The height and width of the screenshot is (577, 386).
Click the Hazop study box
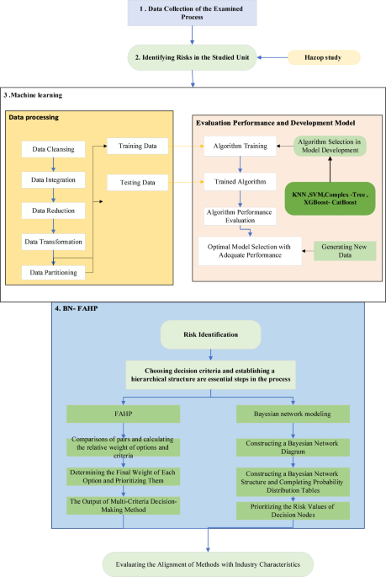coord(321,57)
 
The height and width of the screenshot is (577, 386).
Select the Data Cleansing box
coord(52,150)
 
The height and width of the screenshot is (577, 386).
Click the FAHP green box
coord(124,414)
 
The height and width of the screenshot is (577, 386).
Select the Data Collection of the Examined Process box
coord(193,14)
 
